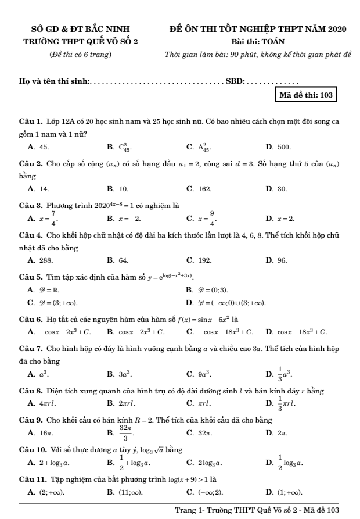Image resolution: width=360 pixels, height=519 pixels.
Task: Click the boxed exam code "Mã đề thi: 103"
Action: (307, 95)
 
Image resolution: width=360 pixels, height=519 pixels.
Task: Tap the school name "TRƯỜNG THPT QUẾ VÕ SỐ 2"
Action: (80, 41)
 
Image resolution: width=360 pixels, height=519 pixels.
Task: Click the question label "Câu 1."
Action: (30, 122)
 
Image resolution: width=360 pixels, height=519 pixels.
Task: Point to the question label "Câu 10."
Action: (32, 449)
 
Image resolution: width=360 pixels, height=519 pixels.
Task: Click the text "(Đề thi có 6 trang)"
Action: (80, 55)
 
